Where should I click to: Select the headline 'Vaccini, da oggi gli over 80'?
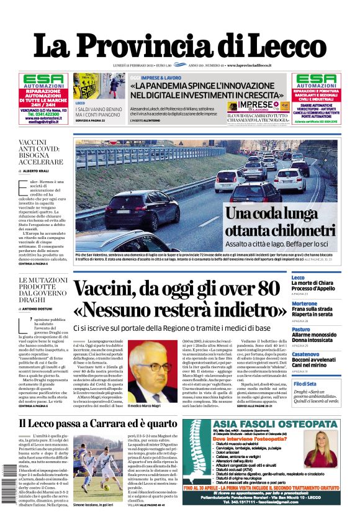(x=176, y=289)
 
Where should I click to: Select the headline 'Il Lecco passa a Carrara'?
(x=90, y=424)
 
